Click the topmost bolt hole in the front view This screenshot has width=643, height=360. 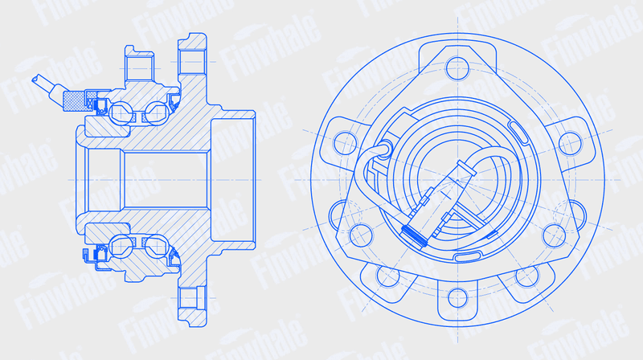point(457,68)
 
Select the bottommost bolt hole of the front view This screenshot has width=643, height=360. point(457,298)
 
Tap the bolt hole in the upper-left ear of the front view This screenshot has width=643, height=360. point(346,143)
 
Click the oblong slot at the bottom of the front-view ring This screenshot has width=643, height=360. point(467,257)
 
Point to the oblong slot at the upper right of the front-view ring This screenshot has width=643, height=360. point(518,132)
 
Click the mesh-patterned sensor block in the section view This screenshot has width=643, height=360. point(74,101)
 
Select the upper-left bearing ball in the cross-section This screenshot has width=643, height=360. point(121,112)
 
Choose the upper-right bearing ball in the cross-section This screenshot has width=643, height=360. point(157,113)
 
